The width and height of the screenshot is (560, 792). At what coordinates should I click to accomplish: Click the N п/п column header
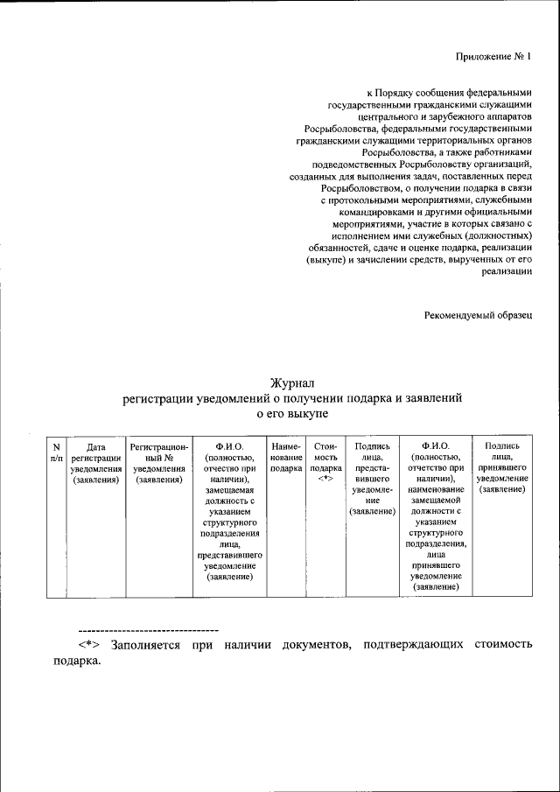click(x=56, y=452)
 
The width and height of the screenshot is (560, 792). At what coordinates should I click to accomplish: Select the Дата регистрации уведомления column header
click(x=96, y=462)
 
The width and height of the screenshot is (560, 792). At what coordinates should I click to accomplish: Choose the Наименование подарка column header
click(x=286, y=457)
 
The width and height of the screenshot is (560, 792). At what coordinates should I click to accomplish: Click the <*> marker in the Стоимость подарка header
click(x=325, y=480)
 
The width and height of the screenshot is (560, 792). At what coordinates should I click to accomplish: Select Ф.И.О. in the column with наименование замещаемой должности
click(x=435, y=446)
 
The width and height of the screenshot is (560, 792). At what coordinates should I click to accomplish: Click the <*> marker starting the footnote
click(x=92, y=645)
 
